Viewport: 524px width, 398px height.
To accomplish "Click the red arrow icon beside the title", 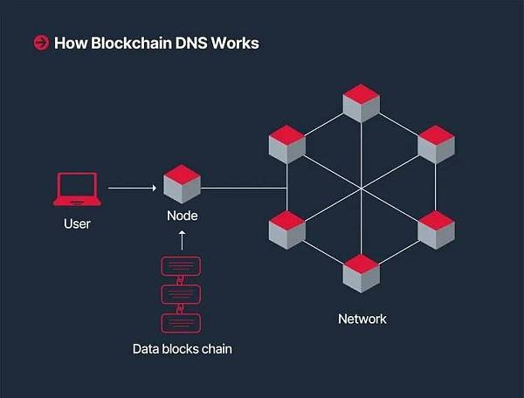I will [x=41, y=43].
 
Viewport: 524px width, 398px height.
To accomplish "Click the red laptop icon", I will [x=77, y=189].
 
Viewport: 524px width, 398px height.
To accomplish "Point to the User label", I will [x=77, y=224].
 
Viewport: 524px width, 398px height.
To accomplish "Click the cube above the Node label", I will [x=182, y=184].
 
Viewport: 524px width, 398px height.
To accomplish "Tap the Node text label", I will [x=182, y=215].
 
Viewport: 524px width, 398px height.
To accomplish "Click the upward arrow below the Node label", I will [x=182, y=240].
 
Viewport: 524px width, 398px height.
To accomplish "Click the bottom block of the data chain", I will [x=182, y=322].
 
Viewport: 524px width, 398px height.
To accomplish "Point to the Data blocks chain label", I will [x=183, y=349].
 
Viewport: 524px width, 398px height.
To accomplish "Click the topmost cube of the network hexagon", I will [x=361, y=103].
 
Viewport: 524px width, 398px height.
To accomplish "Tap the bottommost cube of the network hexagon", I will [x=361, y=273].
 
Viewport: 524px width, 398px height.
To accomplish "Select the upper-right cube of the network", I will [x=436, y=145].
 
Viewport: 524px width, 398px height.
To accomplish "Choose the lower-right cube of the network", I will [x=436, y=230].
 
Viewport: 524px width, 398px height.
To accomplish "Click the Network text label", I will [x=362, y=319].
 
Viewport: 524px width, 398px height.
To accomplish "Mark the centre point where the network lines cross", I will [x=361, y=187].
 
